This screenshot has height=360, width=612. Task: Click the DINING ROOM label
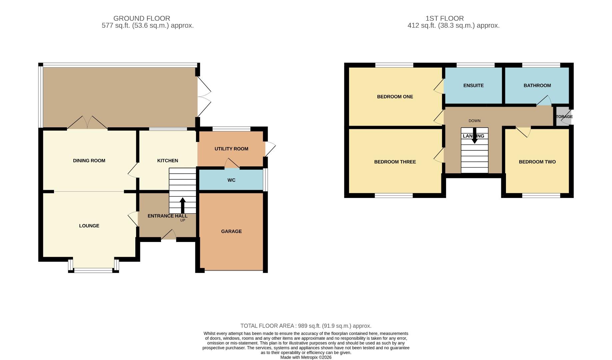(89, 161)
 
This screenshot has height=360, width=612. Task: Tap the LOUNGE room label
(89, 226)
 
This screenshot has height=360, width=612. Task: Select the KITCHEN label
(167, 161)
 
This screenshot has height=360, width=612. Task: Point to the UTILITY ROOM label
(231, 149)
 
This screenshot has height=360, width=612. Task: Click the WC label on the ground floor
(231, 180)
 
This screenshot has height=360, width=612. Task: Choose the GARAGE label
(231, 231)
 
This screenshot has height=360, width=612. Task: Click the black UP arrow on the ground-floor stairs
(183, 205)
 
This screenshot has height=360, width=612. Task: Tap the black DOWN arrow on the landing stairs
(474, 136)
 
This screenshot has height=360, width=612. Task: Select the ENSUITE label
(473, 85)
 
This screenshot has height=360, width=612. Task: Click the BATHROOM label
(537, 85)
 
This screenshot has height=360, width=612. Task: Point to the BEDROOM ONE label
(395, 97)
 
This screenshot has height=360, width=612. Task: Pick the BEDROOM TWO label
(537, 162)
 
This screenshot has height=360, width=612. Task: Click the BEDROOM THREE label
(395, 162)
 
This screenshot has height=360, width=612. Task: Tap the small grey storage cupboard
(563, 116)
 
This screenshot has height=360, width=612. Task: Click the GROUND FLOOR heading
(142, 18)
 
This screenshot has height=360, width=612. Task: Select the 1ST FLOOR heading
(444, 18)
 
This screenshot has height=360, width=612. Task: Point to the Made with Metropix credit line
(306, 357)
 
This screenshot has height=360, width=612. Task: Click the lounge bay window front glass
(93, 270)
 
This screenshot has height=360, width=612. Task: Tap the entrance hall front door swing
(169, 235)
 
